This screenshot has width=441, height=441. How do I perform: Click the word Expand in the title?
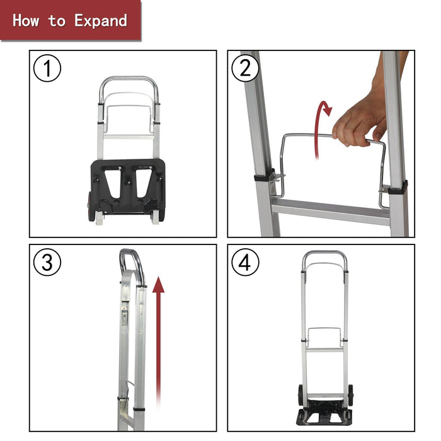click(x=101, y=20)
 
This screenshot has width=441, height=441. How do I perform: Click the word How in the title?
click(x=26, y=20)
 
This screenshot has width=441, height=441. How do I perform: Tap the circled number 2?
click(x=245, y=68)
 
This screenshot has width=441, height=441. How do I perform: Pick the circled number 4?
click(x=245, y=263)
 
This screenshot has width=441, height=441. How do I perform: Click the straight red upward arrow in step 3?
click(x=158, y=340)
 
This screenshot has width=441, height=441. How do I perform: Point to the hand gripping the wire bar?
click(x=359, y=120)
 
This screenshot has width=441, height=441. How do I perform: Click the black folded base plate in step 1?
click(x=127, y=186)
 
